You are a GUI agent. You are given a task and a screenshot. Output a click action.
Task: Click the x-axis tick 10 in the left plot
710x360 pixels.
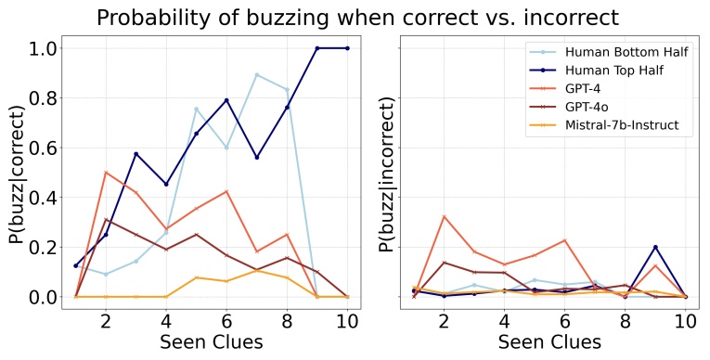click(x=347, y=321)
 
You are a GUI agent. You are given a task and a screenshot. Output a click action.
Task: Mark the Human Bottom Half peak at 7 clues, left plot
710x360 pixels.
click(x=256, y=75)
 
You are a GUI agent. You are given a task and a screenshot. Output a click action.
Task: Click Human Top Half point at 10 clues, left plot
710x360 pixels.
click(x=347, y=48)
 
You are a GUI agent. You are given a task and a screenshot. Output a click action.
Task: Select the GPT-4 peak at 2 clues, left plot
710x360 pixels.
click(x=106, y=173)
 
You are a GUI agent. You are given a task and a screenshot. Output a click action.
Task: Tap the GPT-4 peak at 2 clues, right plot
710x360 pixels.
click(x=444, y=216)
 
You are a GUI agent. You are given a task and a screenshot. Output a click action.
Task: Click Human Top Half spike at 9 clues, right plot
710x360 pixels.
click(x=655, y=247)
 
